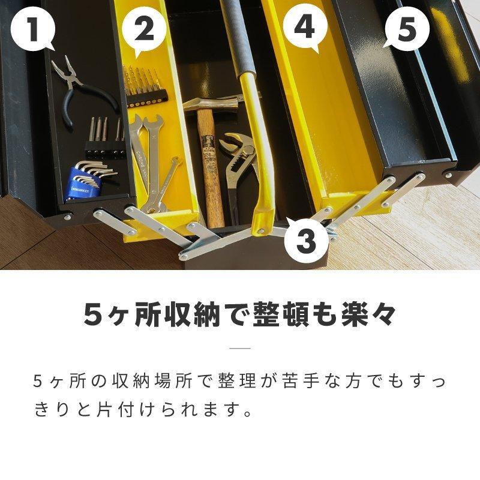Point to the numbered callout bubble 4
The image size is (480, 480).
click(x=305, y=28)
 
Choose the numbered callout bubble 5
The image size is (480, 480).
click(x=406, y=28)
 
